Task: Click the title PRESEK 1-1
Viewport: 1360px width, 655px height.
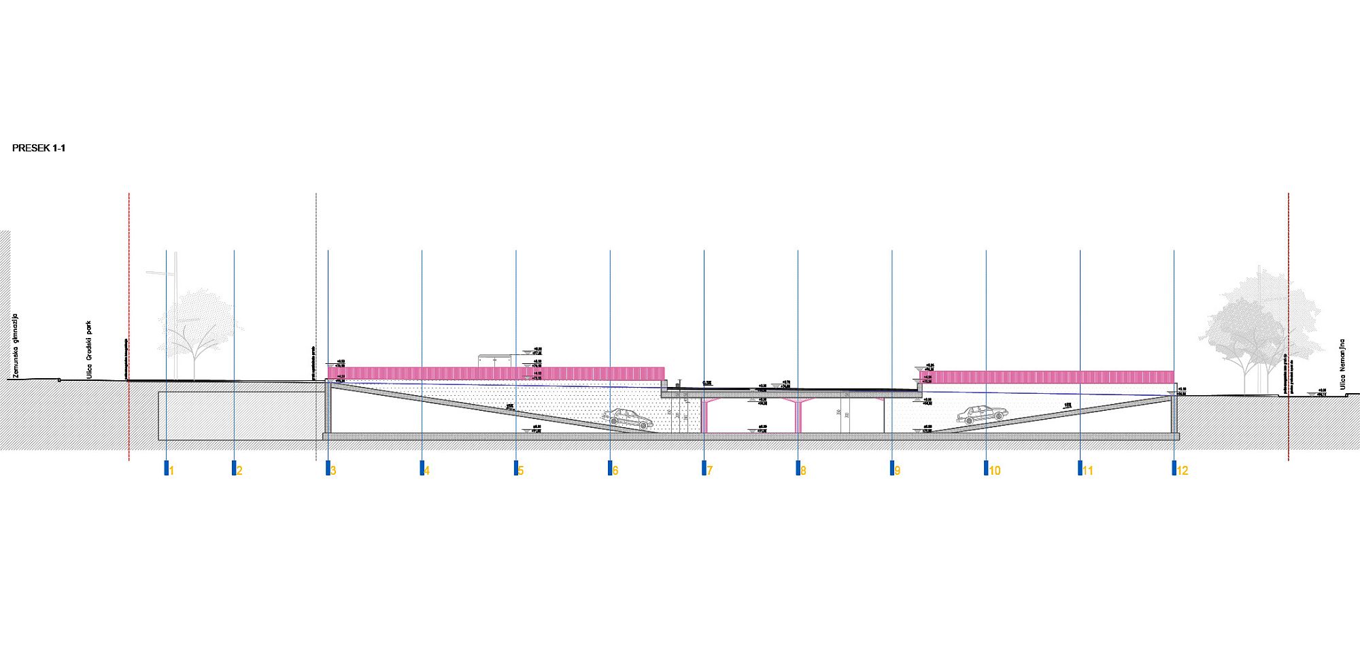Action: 39,148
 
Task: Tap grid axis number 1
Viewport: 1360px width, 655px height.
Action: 171,471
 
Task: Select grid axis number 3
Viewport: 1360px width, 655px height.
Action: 333,471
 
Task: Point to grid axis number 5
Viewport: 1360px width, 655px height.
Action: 521,471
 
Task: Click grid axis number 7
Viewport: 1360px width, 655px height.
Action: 709,471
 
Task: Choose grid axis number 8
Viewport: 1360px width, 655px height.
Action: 803,471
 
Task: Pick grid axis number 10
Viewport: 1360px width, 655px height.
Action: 995,471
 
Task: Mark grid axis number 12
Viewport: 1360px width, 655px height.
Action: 1183,471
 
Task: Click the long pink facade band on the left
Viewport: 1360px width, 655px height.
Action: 496,373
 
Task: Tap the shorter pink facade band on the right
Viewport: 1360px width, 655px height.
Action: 1047,377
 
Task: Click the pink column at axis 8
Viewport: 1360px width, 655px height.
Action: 798,415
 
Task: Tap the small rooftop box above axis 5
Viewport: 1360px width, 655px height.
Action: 495,360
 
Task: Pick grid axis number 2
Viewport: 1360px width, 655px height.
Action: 239,471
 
